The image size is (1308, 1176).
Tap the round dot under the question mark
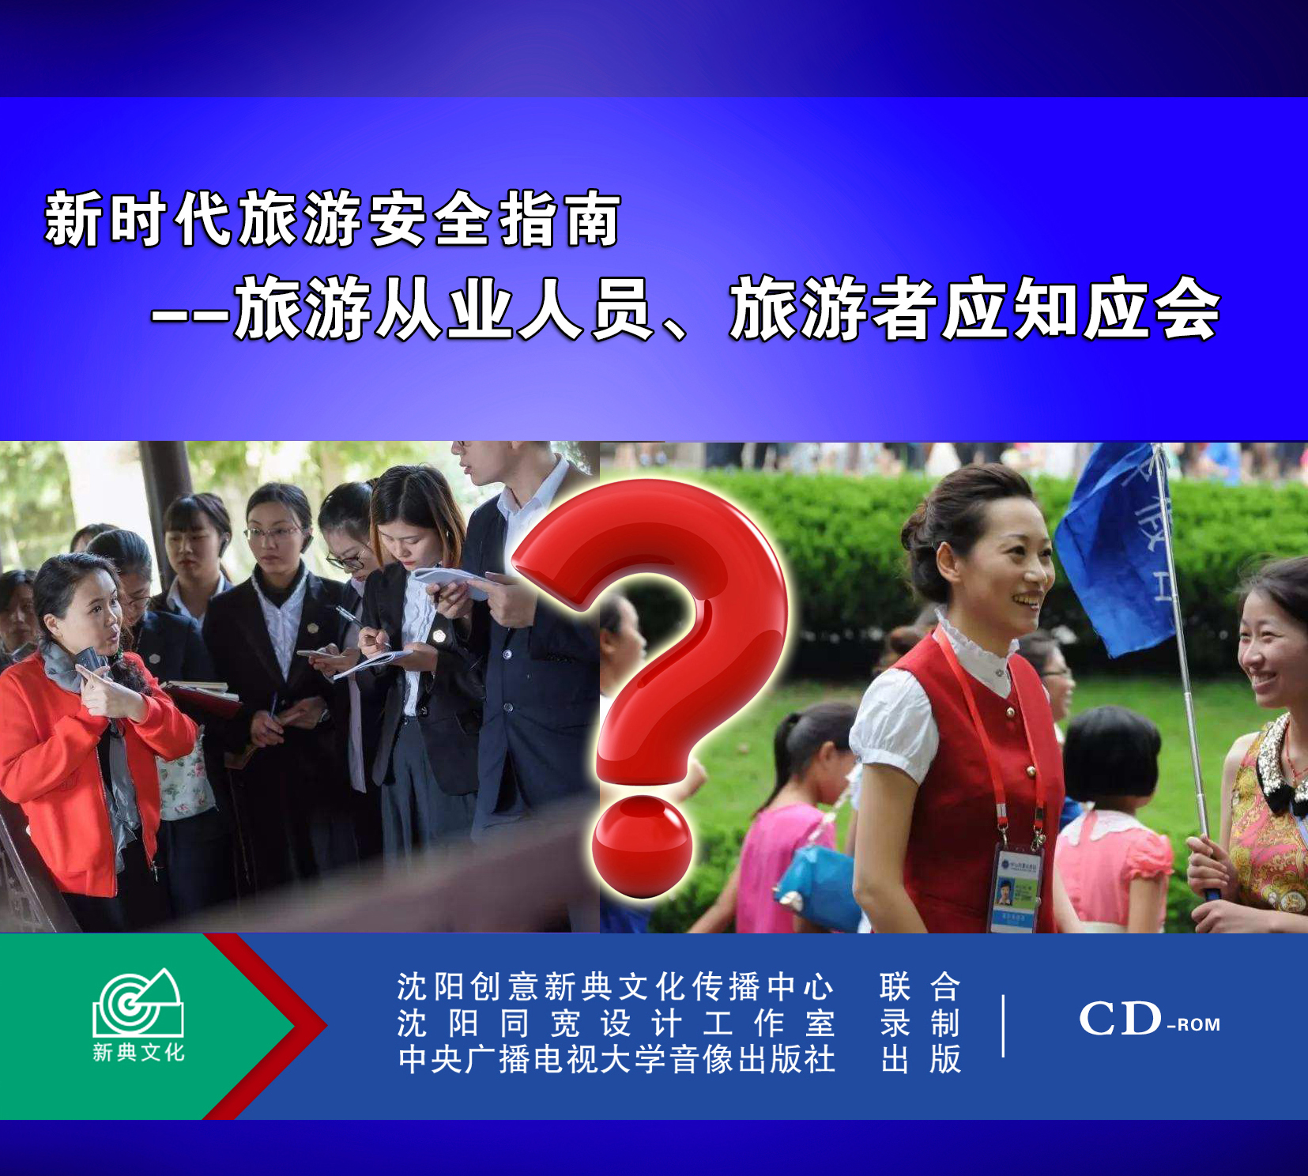pyautogui.click(x=642, y=846)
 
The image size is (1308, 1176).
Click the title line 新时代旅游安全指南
pyautogui.click(x=332, y=219)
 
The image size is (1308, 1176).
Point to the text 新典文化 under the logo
pyautogui.click(x=138, y=1052)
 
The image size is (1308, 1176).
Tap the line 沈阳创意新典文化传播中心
pyautogui.click(x=616, y=986)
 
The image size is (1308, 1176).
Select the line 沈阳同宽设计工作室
pyautogui.click(x=616, y=1023)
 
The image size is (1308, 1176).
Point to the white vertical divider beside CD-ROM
pyautogui.click(x=1004, y=1026)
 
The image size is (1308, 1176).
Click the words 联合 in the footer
pyautogui.click(x=921, y=986)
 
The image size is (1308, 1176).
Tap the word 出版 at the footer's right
pyautogui.click(x=921, y=1059)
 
